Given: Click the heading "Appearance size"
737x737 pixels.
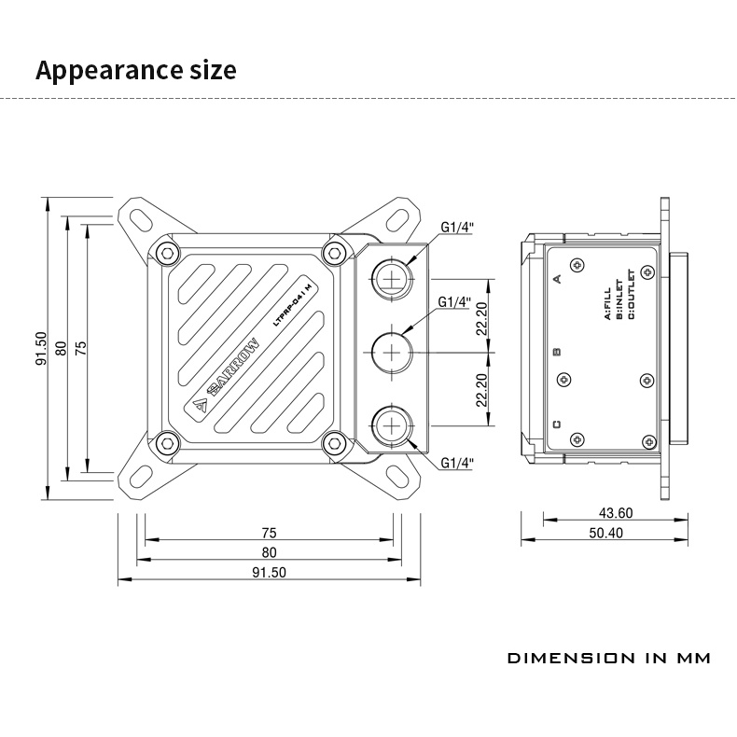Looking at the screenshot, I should click(x=135, y=70).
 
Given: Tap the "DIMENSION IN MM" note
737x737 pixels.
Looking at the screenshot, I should click(x=608, y=659).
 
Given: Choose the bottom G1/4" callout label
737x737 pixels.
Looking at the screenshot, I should click(x=456, y=463).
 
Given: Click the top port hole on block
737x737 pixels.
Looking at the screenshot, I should click(x=390, y=273).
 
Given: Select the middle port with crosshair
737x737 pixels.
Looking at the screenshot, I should click(x=390, y=352).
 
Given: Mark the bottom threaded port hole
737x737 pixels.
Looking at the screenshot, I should click(x=390, y=430).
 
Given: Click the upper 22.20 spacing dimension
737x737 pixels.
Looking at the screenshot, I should click(x=481, y=318).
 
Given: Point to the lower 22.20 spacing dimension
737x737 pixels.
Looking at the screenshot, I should click(x=481, y=390).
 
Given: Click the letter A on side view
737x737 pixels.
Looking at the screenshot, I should click(x=558, y=277).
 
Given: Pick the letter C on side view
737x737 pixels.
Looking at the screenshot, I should click(x=557, y=424).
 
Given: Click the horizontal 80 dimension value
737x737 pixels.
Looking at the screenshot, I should click(x=269, y=553).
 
